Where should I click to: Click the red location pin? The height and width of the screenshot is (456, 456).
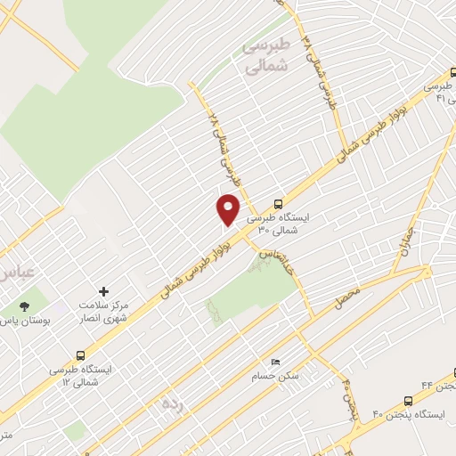point(229,208)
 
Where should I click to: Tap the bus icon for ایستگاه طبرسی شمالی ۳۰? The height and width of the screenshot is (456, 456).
point(280,202)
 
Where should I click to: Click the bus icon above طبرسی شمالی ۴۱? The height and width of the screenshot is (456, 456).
point(453,77)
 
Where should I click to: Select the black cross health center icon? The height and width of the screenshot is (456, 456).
point(104,291)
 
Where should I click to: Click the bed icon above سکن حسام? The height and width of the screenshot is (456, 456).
point(274,362)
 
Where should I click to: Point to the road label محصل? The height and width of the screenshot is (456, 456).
point(346,297)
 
